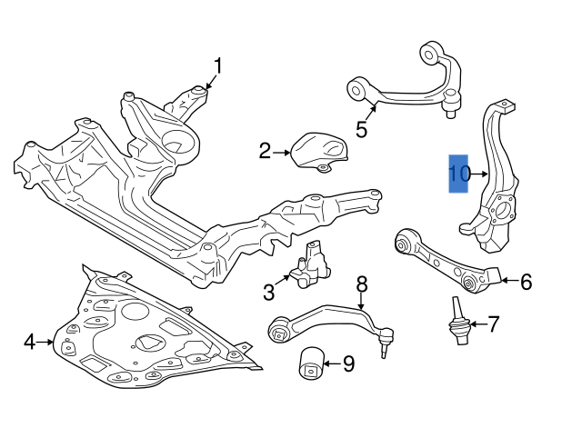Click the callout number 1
(x=217, y=65)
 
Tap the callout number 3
(x=269, y=292)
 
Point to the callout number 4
(x=29, y=342)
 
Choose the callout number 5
(x=361, y=129)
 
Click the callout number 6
(x=526, y=282)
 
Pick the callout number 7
(x=494, y=323)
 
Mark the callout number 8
(x=362, y=284)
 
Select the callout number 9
(x=349, y=365)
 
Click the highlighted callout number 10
(x=459, y=173)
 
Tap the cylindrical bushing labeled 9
(x=311, y=365)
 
